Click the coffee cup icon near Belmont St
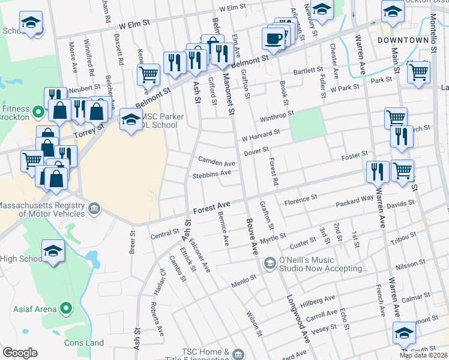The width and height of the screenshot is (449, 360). point(273,40)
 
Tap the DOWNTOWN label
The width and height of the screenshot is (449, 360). point(403,40)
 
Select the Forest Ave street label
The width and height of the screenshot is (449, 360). point(212,208)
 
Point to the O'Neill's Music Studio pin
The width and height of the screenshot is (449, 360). point(270,262)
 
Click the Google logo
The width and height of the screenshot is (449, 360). point(20,353)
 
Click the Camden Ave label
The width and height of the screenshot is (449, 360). point(217,163)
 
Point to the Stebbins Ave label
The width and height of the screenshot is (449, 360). point(212,174)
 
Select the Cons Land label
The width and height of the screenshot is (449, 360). point(84,343)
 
